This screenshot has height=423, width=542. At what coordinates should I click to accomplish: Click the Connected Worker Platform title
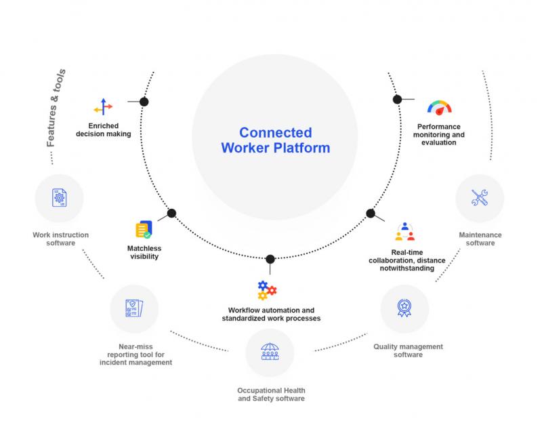point(276,140)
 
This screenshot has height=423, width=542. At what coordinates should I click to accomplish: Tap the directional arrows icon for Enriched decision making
point(104,107)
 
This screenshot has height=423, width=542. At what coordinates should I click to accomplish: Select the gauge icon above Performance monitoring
point(439,108)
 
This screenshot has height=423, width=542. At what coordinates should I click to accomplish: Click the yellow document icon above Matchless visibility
point(144,229)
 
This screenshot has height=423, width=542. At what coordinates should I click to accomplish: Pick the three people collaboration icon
point(404,231)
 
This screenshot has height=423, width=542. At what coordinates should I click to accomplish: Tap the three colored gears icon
point(267,290)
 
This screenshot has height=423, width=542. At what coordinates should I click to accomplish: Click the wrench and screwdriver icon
point(480,198)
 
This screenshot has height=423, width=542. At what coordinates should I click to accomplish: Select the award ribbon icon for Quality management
point(404,308)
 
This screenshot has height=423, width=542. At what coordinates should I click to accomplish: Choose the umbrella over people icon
point(270,351)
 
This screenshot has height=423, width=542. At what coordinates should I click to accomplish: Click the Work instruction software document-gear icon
point(60,198)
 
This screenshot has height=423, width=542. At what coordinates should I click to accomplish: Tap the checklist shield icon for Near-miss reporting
point(134,308)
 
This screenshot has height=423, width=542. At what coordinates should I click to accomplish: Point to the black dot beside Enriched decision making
point(144,102)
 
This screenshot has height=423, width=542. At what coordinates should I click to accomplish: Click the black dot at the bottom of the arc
point(270,259)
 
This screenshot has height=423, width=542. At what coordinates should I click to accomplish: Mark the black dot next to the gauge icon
point(397,100)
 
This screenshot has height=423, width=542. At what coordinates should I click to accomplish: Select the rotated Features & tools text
point(56,108)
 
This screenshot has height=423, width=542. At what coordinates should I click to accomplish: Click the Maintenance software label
point(480,239)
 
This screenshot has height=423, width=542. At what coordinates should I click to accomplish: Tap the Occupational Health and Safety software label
point(272,395)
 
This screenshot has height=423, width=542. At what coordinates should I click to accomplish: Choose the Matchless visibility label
point(144,252)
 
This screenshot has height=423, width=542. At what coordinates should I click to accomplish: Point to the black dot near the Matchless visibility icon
point(171,213)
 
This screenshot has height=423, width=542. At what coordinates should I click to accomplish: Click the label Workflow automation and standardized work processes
point(272,314)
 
